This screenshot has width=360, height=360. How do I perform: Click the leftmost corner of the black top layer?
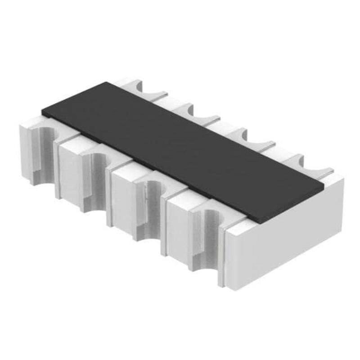[42, 110]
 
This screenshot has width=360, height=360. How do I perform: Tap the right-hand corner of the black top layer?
[324, 184]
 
